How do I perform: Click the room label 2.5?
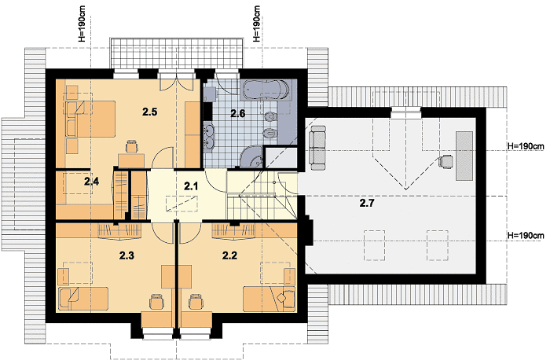point(149,112)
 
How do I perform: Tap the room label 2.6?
point(237,113)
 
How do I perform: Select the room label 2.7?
point(367,203)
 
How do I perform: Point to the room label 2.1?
point(191,186)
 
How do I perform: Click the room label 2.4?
point(91,182)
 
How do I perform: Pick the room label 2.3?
point(126,255)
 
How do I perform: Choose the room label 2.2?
point(229,255)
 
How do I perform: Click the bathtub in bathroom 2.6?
point(266,90)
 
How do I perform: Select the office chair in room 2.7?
point(445,162)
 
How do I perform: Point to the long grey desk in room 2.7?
point(464,156)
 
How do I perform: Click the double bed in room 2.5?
point(90,119)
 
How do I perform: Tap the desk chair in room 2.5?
point(131,146)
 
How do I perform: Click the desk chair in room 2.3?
point(157,302)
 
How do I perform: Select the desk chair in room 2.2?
point(196,302)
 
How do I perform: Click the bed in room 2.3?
point(82,299)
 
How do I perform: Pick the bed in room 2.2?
point(269,299)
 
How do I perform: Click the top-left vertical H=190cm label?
point(82,24)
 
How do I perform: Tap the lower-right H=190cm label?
point(526,235)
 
